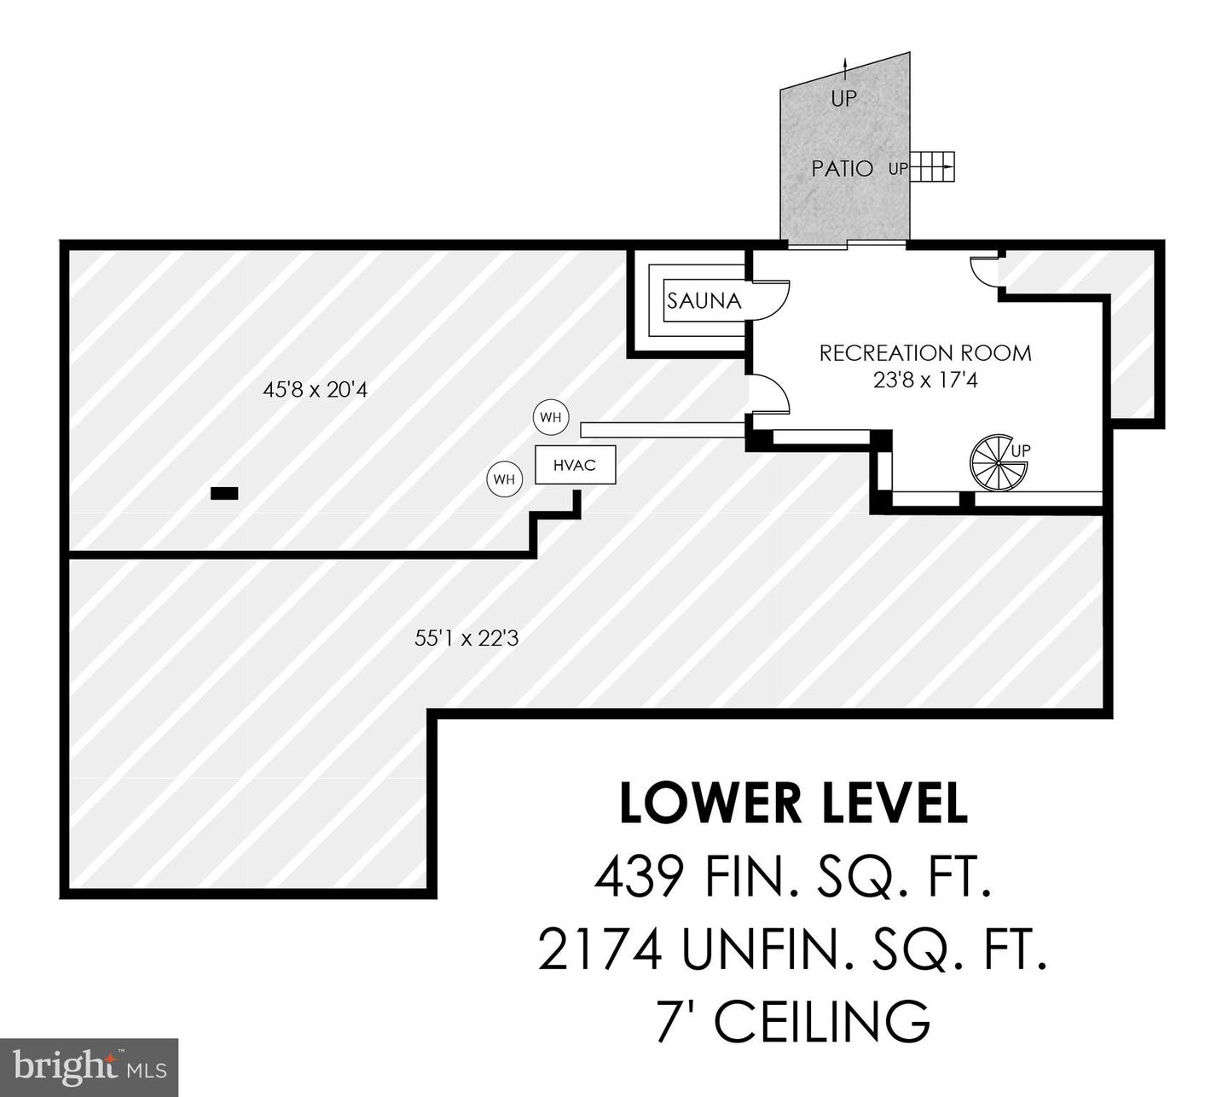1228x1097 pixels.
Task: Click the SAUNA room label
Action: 704,300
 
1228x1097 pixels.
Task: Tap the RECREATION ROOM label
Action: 925,353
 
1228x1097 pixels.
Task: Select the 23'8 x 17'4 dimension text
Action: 925,380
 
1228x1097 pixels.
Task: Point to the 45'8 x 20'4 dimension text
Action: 315,391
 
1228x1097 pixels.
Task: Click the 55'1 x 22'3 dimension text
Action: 466,637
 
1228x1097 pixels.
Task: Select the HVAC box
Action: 575,466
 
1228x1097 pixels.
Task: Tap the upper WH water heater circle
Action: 550,418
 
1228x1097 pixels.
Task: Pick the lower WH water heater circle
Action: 504,479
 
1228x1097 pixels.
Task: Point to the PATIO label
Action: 842,169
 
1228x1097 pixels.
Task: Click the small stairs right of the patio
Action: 934,167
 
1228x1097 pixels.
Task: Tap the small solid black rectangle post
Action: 224,493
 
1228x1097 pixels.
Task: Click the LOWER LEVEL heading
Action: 793,804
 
